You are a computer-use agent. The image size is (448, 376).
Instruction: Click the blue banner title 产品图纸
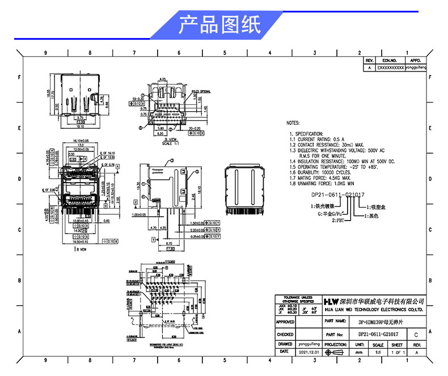click(219, 25)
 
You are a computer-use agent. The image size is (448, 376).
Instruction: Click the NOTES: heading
click(293, 122)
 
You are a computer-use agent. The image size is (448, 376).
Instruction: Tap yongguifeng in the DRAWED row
click(310, 344)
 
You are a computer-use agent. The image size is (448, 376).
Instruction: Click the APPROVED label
click(285, 322)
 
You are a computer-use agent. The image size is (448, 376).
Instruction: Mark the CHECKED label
click(285, 335)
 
